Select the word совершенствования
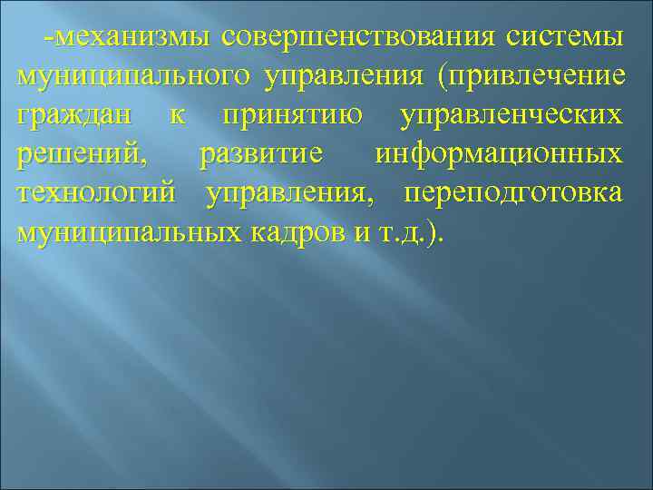point(359,38)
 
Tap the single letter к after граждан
point(178,116)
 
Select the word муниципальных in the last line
point(126,233)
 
